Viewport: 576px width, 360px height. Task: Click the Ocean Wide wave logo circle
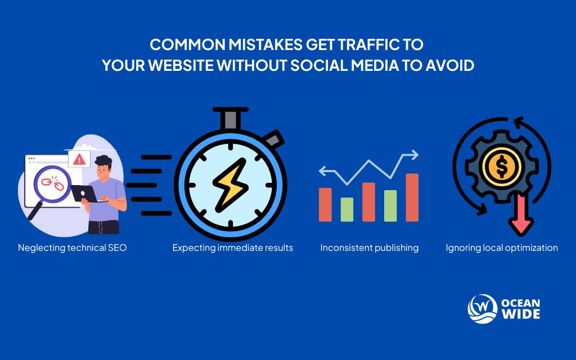pos(482,309)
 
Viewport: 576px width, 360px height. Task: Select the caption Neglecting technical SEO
pos(72,247)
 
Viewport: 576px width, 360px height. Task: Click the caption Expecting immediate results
pos(232,247)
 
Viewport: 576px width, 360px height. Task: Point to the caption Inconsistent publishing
pos(369,247)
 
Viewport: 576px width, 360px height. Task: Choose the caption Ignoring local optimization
pos(502,247)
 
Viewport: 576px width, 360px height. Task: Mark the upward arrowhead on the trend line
pos(415,153)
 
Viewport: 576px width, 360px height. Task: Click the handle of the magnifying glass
pos(35,210)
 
